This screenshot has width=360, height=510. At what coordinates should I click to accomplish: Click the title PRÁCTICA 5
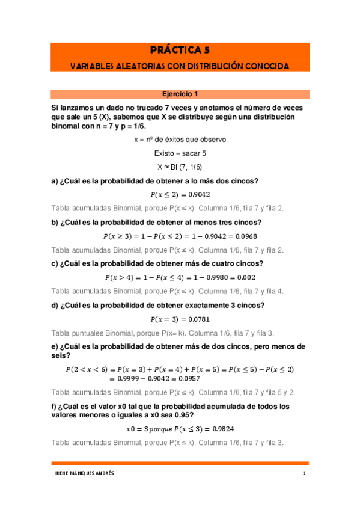[180, 51]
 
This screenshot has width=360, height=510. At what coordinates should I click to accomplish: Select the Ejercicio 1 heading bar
[180, 94]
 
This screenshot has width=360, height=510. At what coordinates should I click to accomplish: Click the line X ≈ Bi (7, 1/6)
[180, 167]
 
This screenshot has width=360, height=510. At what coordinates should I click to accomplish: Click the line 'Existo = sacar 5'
[180, 153]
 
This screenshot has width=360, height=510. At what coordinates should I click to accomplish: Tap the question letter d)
[55, 305]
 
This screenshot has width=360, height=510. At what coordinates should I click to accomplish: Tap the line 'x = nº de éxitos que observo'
[180, 139]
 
